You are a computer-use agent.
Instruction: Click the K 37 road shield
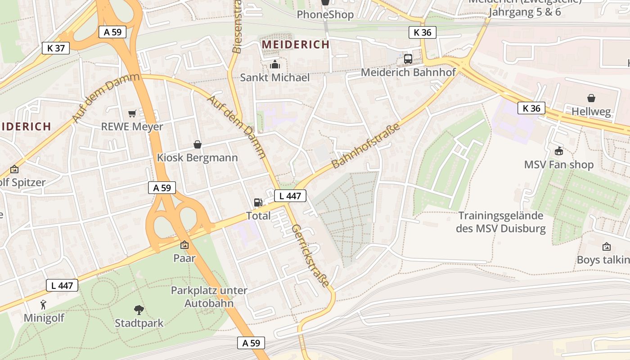56,48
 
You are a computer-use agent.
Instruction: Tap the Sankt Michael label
274,77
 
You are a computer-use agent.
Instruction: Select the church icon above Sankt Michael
274,65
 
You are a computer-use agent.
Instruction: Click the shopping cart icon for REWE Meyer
132,113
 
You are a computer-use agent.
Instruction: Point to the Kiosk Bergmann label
197,158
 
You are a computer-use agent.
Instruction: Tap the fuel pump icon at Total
258,202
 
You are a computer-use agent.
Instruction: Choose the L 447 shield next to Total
290,196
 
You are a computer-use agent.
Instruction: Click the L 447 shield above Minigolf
62,285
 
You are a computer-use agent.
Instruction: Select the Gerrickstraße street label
310,255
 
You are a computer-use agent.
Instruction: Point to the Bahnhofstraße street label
366,147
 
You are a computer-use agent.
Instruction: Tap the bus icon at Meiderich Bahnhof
408,58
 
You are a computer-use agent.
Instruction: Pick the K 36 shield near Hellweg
531,108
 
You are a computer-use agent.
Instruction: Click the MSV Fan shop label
559,165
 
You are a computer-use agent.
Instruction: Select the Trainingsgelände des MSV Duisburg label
500,222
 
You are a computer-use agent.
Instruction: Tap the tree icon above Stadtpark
139,310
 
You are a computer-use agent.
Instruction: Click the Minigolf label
44,318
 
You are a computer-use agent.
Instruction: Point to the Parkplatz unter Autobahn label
209,297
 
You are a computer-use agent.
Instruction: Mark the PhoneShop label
325,14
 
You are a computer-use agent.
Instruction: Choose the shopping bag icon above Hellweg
591,98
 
